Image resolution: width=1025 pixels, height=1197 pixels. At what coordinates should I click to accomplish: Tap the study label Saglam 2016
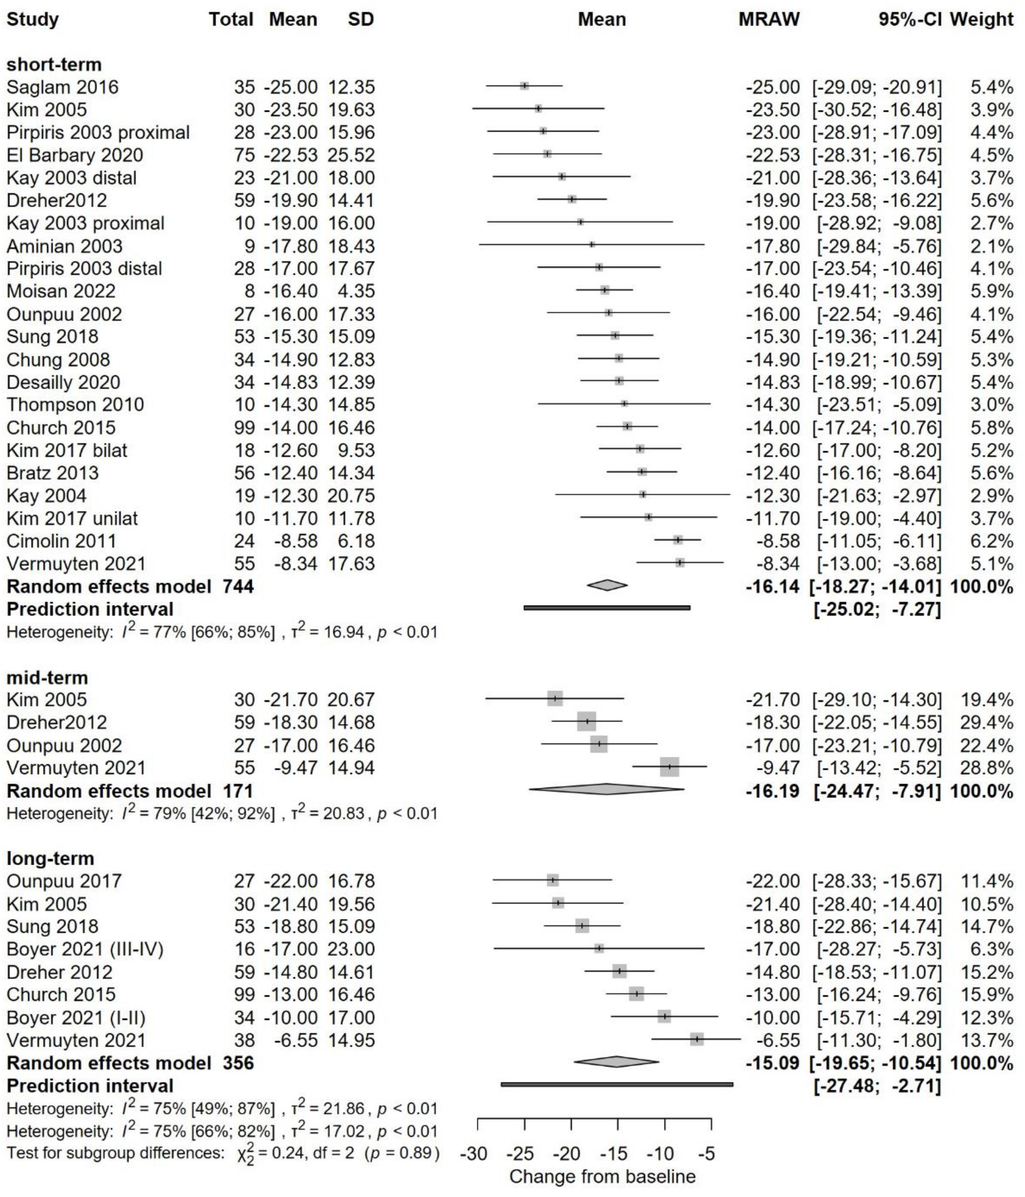click(x=62, y=87)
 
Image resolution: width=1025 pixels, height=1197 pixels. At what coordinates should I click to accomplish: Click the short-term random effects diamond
click(x=607, y=586)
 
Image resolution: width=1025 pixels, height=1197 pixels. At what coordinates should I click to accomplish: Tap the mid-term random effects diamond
click(x=606, y=790)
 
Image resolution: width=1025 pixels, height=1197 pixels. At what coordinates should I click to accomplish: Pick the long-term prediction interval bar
click(x=617, y=1085)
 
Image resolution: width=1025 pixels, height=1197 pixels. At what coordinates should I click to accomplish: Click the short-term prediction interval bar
click(x=607, y=608)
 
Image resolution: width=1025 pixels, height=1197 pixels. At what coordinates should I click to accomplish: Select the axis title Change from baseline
click(x=602, y=1176)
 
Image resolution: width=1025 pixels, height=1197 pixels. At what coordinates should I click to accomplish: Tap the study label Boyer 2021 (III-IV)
click(x=85, y=949)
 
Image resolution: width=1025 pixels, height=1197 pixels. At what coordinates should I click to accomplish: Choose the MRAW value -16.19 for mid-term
click(x=773, y=791)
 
